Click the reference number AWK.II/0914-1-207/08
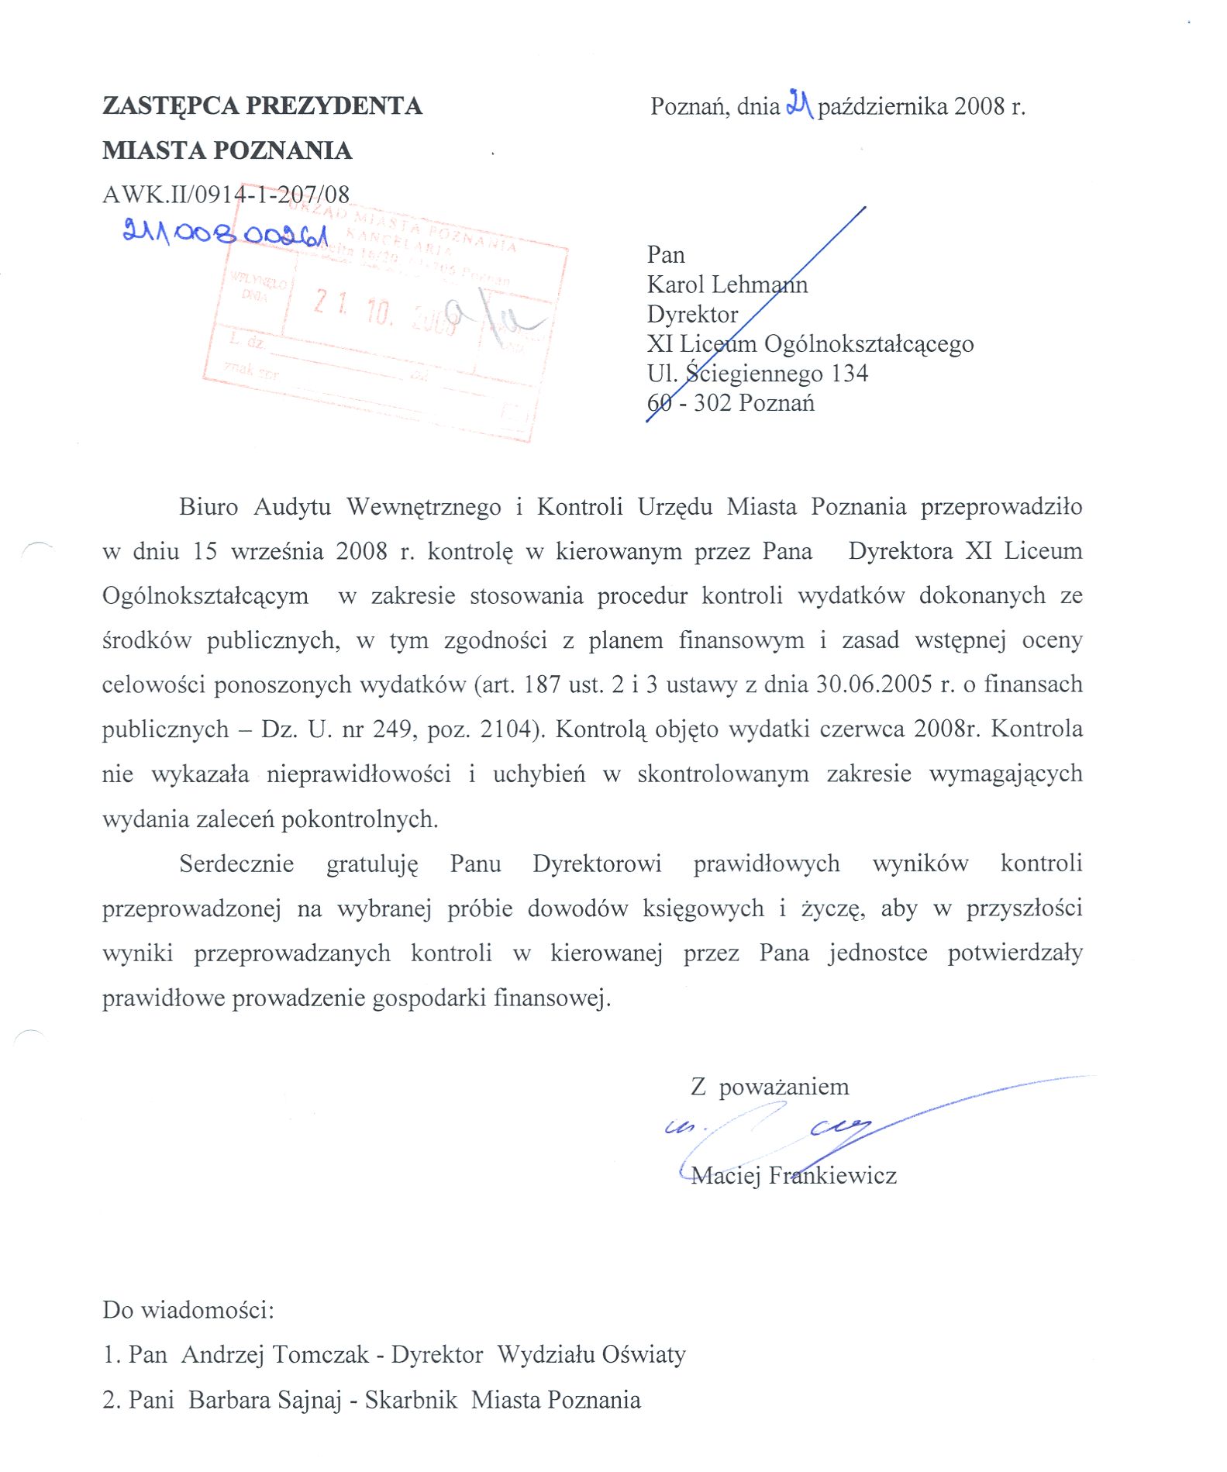[x=226, y=194]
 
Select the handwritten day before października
[x=798, y=103]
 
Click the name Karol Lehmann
[x=727, y=284]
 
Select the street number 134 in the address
[x=850, y=374]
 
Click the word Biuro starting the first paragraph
[x=208, y=507]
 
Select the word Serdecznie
[x=236, y=864]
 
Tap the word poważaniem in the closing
[x=784, y=1087]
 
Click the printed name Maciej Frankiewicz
[x=794, y=1176]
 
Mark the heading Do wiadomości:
[x=188, y=1310]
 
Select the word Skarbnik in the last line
[x=410, y=1400]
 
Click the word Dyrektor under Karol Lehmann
[x=692, y=314]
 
